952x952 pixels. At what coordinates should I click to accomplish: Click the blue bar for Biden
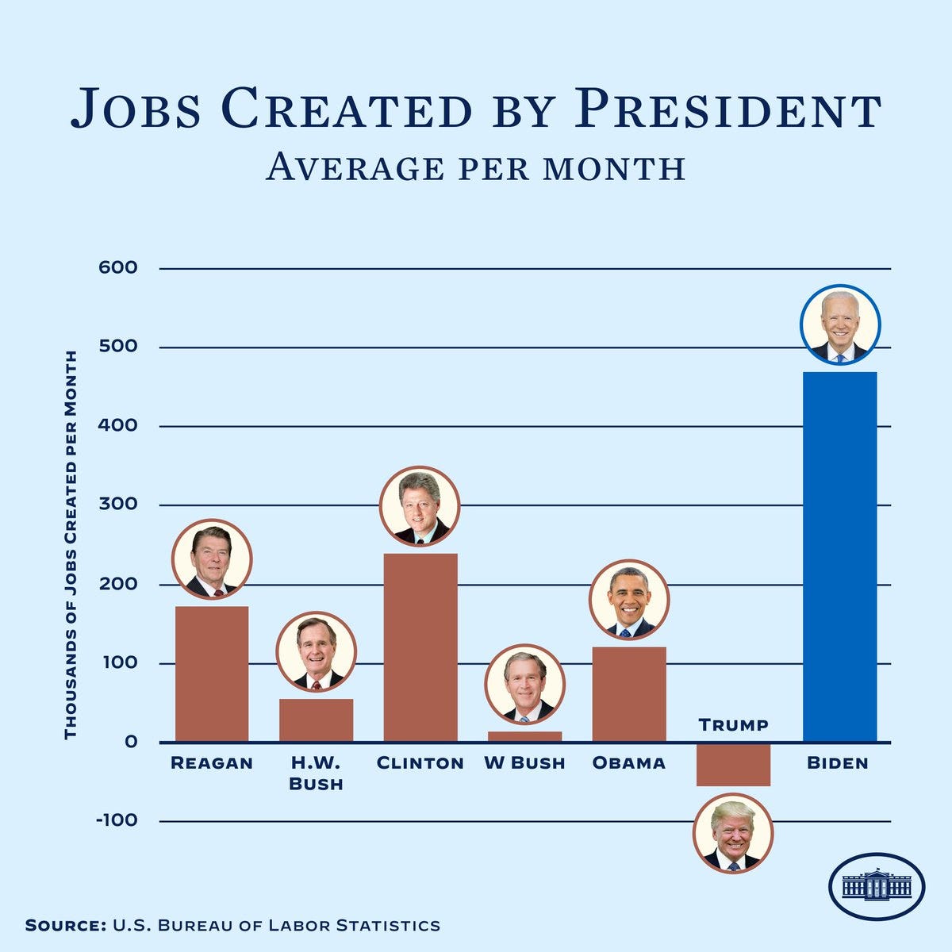(839, 555)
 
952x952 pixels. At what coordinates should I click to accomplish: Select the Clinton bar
(420, 647)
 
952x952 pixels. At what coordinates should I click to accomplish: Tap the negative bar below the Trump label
(733, 765)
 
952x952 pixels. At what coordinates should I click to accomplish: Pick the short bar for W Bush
(524, 736)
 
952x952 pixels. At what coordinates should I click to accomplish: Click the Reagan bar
(212, 674)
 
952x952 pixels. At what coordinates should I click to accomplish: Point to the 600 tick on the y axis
(118, 268)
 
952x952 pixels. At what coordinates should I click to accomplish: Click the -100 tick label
(117, 820)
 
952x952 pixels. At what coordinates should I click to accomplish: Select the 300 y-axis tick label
(118, 505)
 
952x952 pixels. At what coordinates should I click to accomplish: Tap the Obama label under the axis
(629, 763)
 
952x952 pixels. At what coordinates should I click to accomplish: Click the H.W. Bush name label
(316, 773)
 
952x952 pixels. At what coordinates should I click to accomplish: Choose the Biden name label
(838, 763)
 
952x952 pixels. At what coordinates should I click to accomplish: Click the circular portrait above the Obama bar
(629, 600)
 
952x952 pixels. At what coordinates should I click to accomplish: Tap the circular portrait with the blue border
(840, 324)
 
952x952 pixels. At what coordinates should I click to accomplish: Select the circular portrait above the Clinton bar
(420, 506)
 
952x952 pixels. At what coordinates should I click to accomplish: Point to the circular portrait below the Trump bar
(732, 833)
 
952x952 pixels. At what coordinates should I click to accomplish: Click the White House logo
(877, 886)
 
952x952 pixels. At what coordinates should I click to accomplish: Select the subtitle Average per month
(475, 167)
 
